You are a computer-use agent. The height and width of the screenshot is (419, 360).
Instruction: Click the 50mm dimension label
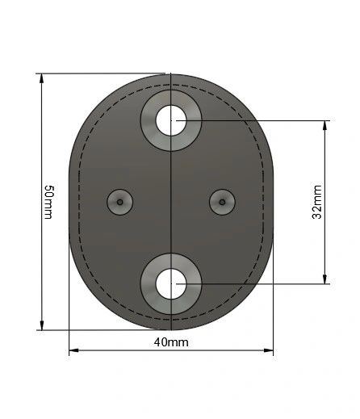pos(48,202)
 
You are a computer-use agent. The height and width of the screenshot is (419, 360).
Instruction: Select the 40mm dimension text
pos(171,342)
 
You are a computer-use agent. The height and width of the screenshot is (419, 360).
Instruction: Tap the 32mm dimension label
pos(317,202)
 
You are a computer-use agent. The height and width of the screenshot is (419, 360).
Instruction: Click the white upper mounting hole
pos(171,121)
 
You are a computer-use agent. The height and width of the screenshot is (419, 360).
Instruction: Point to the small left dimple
pos(120,201)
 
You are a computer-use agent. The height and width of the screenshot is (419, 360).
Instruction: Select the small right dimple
pos(222,201)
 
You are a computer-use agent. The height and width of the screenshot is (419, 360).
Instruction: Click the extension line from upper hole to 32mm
pos(258,121)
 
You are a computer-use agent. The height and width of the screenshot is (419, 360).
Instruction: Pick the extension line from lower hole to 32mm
pos(258,283)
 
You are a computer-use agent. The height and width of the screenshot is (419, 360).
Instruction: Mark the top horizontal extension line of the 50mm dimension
pos(97,74)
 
